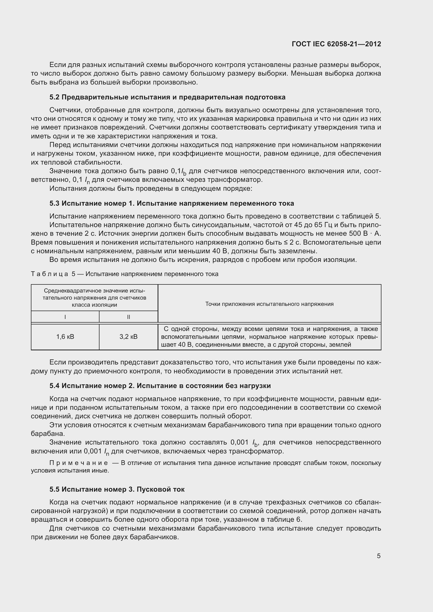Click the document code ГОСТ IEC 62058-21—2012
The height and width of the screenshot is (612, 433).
336,44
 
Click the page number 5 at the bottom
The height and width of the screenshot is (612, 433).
379,556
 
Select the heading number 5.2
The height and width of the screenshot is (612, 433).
54,97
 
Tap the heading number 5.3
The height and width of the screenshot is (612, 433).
54,203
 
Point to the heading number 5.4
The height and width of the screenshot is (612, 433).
54,386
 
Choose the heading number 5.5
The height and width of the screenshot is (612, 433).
54,489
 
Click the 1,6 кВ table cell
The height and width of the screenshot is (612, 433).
65,337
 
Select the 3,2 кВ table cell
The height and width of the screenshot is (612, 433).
129,337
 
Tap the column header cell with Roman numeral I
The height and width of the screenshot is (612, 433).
65,317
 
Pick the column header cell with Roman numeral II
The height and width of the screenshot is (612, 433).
129,317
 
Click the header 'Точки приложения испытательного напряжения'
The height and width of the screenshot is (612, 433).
269,304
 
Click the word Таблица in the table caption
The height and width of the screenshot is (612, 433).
49,274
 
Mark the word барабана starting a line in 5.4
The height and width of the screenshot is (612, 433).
48,434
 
